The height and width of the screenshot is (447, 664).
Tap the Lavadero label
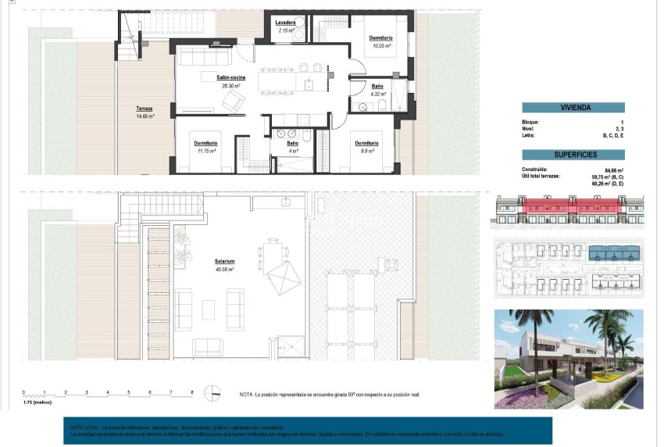point(285,23)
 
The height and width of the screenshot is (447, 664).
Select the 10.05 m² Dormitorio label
point(380,38)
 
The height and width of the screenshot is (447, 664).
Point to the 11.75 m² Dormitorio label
point(205,143)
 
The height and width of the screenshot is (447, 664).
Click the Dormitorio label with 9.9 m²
point(366,143)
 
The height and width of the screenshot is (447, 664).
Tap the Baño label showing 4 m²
point(292,143)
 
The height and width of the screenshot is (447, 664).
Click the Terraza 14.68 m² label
point(144,109)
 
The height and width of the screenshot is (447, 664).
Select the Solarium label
point(226,262)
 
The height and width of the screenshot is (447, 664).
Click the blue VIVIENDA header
point(575,109)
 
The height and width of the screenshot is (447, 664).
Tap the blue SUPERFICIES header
point(575,156)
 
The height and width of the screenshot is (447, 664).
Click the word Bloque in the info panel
point(530,123)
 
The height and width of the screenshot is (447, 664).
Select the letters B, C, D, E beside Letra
point(614,136)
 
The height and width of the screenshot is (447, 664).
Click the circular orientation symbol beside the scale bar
point(212,393)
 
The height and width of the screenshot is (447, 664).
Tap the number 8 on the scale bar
point(191,391)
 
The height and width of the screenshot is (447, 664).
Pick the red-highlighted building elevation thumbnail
point(570,212)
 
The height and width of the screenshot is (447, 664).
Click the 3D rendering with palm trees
point(569,359)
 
